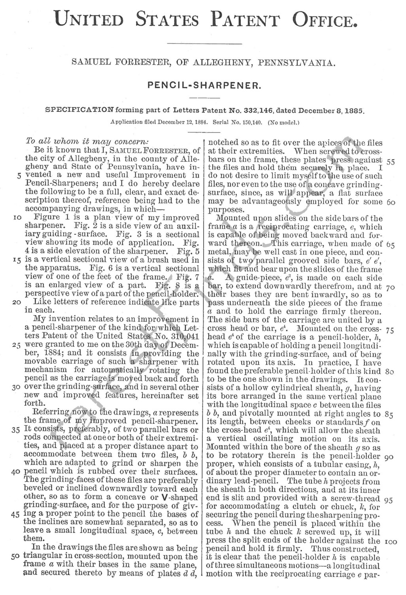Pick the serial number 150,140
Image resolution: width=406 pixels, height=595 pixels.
pos(251,123)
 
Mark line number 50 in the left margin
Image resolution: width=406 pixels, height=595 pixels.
pos(16,556)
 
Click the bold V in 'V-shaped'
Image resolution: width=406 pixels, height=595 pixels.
pos(160,497)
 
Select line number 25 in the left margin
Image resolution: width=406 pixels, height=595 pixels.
pos(16,345)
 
